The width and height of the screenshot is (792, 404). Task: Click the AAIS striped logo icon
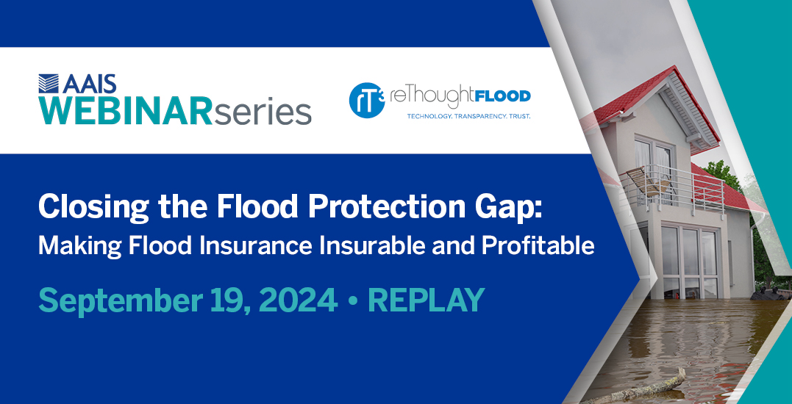point(49,83)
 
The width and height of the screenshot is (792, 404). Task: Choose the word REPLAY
point(427,300)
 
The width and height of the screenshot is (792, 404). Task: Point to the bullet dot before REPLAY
point(352,302)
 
